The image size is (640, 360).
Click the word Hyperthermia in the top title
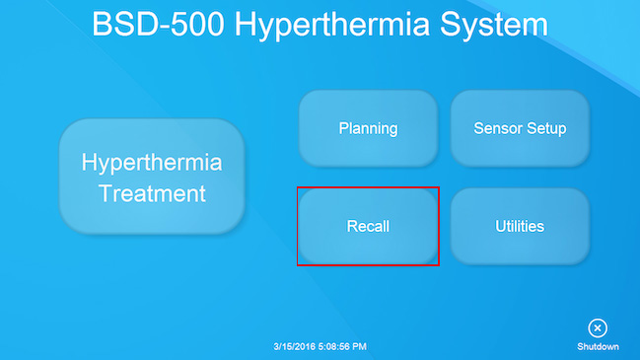pyautogui.click(x=340, y=26)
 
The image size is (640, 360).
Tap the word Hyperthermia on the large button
pyautogui.click(x=152, y=162)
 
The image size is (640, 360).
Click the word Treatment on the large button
pyautogui.click(x=152, y=193)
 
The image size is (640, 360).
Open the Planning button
pyautogui.click(x=368, y=128)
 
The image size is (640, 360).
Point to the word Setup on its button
pyautogui.click(x=545, y=129)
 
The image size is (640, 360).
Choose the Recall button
pyautogui.click(x=368, y=226)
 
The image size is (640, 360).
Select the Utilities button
pyautogui.click(x=520, y=226)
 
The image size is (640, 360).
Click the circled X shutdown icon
pyautogui.click(x=598, y=328)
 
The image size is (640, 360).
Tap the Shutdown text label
pyautogui.click(x=598, y=347)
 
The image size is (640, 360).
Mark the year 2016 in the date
pyautogui.click(x=307, y=347)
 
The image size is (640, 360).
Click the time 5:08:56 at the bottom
pyautogui.click(x=336, y=347)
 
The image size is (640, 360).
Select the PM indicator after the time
pyautogui.click(x=360, y=347)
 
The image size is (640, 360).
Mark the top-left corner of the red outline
pyautogui.click(x=298, y=188)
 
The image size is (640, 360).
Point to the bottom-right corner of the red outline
pyautogui.click(x=439, y=265)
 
